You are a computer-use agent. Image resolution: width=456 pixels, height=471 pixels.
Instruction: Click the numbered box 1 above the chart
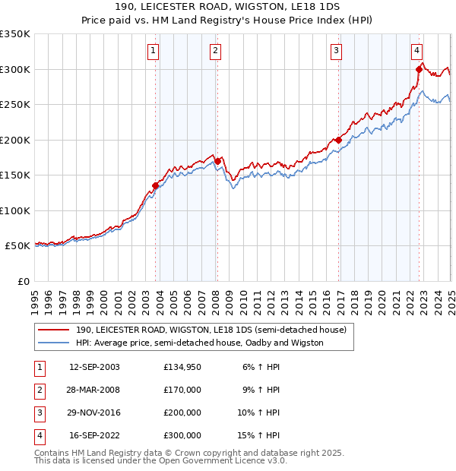153,51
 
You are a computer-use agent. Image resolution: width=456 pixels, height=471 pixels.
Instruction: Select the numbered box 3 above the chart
336,51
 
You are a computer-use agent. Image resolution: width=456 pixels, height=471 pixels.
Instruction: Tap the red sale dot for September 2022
419,69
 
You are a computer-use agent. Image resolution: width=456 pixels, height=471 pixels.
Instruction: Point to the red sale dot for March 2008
217,161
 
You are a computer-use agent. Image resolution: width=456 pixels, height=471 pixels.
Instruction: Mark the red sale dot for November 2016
338,140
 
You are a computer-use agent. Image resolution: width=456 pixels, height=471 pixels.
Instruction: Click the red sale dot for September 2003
155,185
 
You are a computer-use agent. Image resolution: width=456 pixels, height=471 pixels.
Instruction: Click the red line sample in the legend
55,330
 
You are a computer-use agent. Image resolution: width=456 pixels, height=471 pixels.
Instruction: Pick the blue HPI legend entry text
199,343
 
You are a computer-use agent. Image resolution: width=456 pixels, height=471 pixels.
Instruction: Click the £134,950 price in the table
182,367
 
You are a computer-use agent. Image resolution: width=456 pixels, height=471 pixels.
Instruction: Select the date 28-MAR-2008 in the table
94,390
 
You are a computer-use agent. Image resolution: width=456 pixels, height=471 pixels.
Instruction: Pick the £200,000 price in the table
182,413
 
